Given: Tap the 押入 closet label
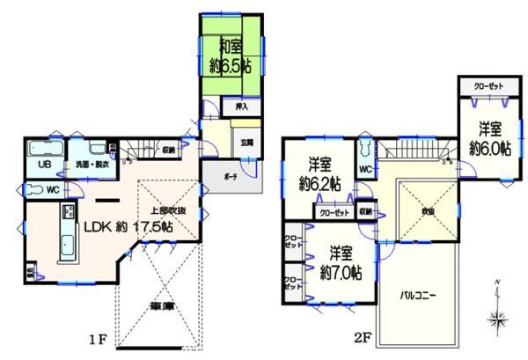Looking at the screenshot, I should (x=241, y=107).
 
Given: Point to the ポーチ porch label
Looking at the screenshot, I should (x=231, y=176).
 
